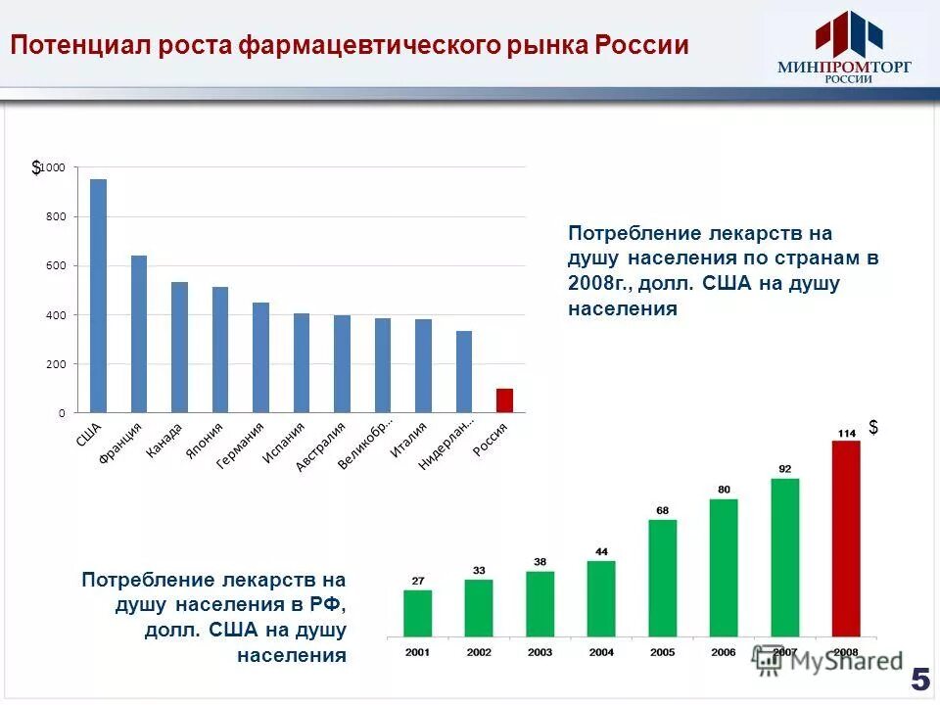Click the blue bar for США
[98, 295]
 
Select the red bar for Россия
[504, 400]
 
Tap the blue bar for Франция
[139, 333]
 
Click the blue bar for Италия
[423, 365]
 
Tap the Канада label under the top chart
[164, 441]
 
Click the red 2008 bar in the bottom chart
[845, 538]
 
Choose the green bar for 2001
[417, 612]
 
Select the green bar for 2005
[662, 577]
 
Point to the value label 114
[845, 432]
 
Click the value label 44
[601, 551]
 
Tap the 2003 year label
[540, 651]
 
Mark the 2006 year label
[723, 651]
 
